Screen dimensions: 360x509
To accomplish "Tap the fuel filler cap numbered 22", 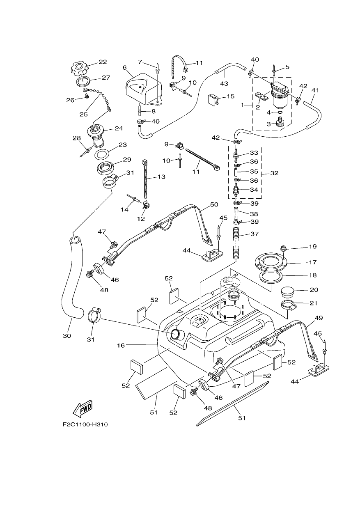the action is tap(79, 69).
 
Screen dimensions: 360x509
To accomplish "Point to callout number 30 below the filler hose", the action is tap(67, 336).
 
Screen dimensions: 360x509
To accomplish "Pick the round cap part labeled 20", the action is tap(287, 292).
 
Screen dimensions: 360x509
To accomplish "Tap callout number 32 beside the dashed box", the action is tap(274, 173).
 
